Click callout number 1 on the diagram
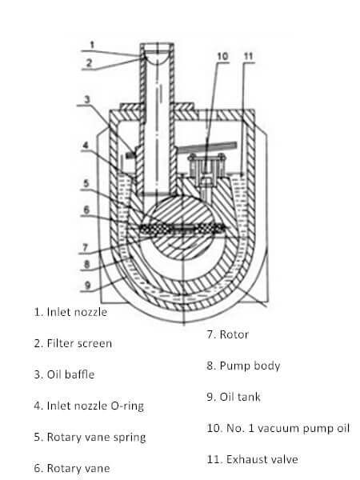93,46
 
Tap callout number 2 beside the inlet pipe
89,63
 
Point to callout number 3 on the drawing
87,99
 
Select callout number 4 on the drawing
86,145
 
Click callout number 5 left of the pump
86,183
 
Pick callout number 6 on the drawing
86,210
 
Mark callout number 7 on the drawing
85,247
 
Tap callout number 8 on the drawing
86,264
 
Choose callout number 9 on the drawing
87,286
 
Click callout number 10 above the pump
222,56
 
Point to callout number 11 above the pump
248,56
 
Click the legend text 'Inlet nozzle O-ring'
95,406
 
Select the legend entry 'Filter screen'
79,343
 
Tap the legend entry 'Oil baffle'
70,374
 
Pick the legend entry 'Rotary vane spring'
96,437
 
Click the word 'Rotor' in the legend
234,334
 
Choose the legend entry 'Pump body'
250,366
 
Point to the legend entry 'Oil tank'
240,397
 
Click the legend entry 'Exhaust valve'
262,459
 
